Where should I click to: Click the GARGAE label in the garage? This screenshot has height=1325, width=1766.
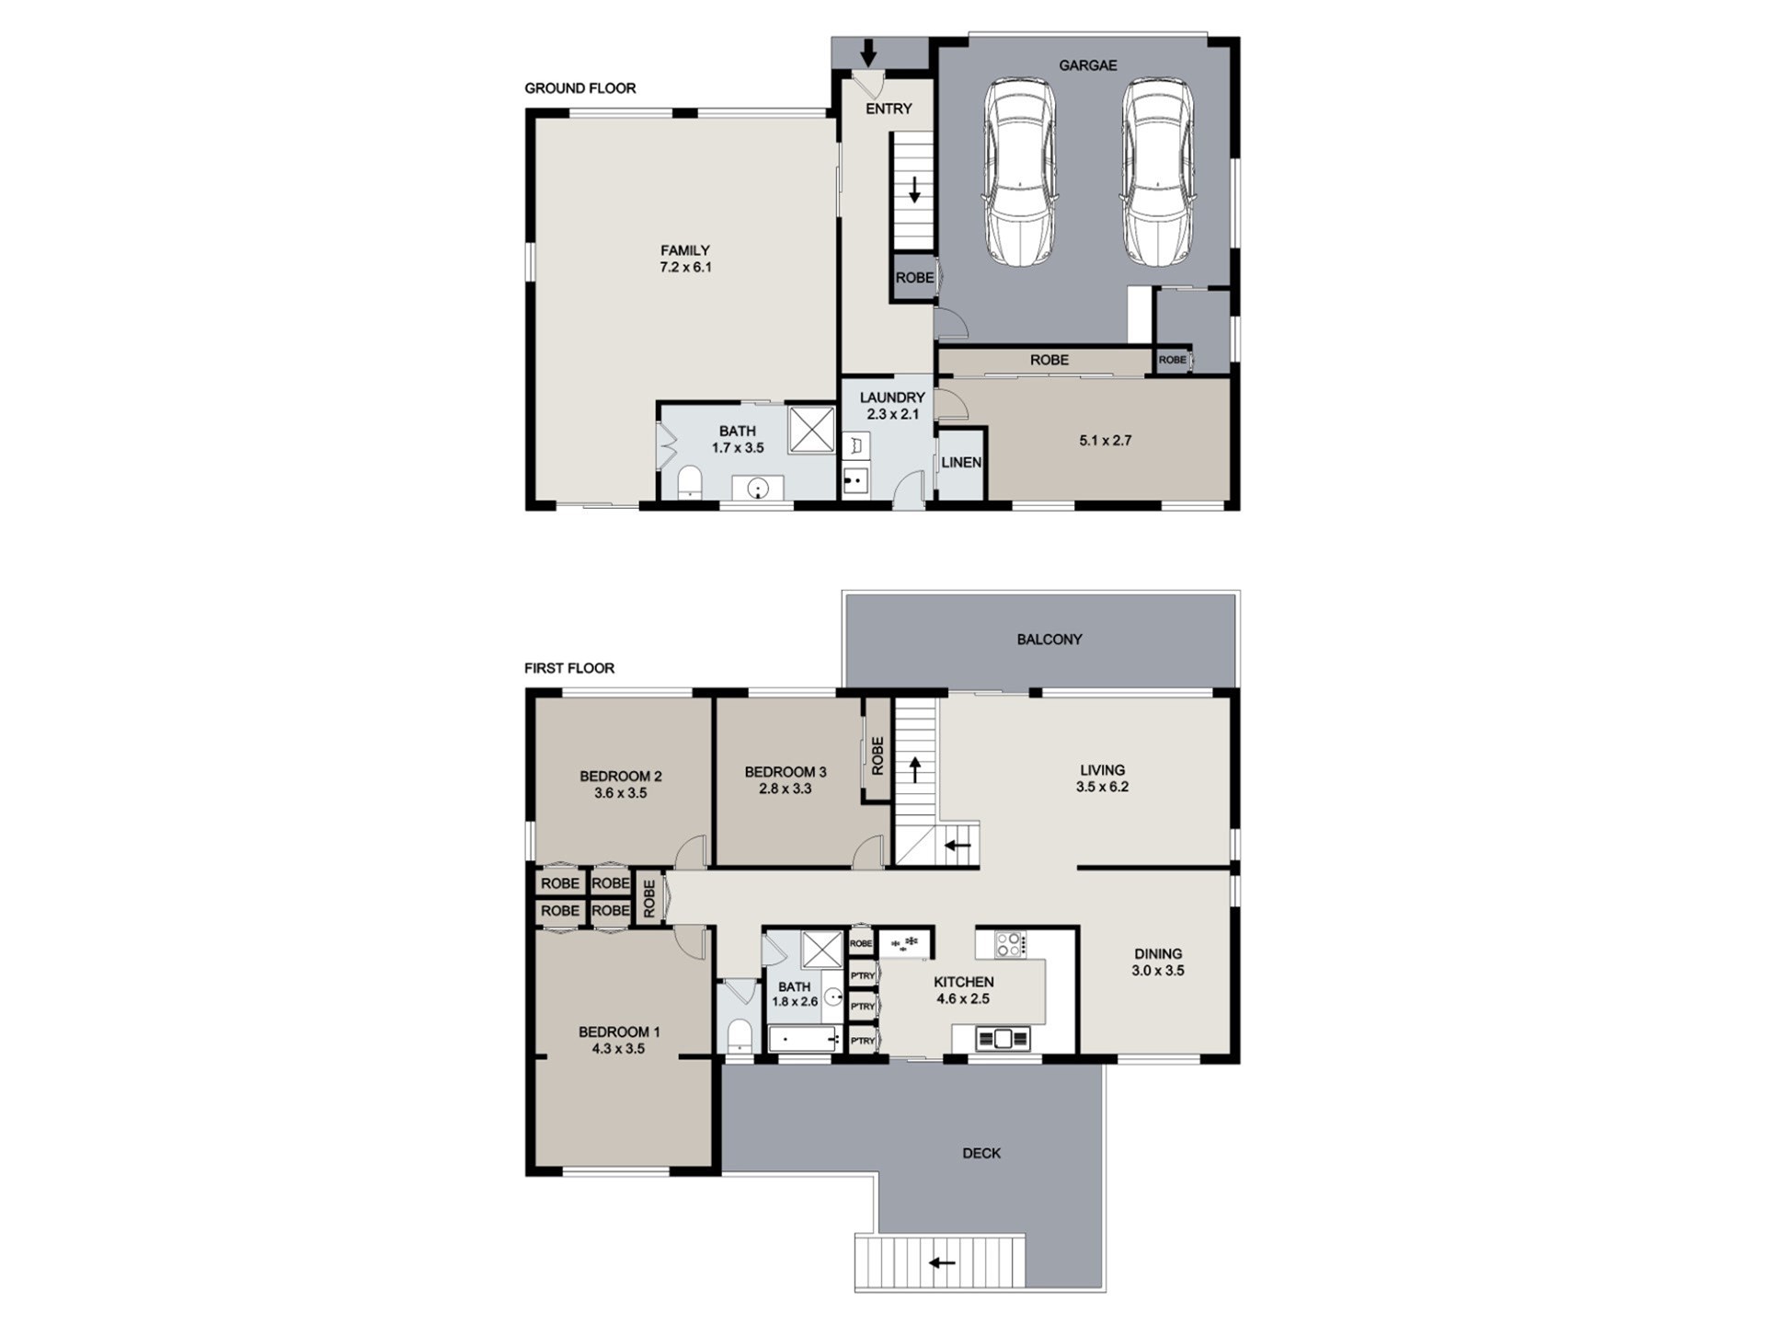coord(1087,65)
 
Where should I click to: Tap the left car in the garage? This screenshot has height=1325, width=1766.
coord(1019,172)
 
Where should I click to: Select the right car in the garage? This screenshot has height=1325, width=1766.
coord(1157,172)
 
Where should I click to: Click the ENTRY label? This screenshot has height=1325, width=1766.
coord(889,109)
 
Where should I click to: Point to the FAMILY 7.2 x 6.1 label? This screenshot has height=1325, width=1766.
coord(685,259)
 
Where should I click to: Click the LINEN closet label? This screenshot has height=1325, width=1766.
coord(961,462)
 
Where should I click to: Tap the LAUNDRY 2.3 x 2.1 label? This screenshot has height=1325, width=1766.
coord(892,406)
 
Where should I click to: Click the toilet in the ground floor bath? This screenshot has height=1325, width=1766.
coord(690,482)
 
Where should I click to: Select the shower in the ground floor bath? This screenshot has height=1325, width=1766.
coord(811,429)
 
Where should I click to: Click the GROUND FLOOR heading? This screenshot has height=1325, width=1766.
coord(580,88)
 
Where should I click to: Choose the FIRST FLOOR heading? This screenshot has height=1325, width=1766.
coord(569,668)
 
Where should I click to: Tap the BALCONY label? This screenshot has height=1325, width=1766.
coord(1049,639)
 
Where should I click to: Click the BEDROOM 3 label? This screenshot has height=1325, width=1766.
coord(786,772)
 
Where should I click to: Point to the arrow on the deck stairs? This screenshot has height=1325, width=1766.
coord(941,1262)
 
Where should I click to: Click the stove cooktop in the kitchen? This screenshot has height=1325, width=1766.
coord(1010,944)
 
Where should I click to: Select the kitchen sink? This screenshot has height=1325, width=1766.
coord(1003,1039)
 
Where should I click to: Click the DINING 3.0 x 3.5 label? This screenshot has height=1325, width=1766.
coord(1158,962)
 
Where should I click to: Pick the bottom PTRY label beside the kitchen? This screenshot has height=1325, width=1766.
coord(863,1041)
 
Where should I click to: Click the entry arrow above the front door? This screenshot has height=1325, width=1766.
coord(867,52)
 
